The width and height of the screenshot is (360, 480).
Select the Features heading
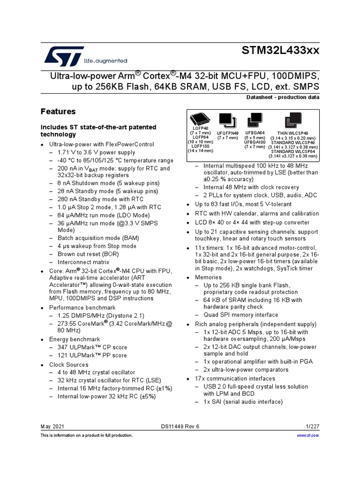pos(58,112)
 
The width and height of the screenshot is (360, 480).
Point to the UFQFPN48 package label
pos(228,133)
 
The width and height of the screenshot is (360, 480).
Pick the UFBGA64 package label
pos(255,133)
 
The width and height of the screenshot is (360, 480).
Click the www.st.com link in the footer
pos(308,435)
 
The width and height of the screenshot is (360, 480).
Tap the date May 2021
pos(52,427)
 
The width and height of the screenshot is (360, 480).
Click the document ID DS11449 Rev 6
pos(180,427)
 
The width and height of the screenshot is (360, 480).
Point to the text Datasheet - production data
pos(283,97)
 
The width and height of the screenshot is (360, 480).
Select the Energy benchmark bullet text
pos(75,339)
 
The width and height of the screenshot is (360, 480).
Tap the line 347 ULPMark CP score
pos(92,347)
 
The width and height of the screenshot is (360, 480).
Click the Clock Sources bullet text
pos(68,364)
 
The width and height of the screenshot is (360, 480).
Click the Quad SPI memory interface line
pos(240,315)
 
